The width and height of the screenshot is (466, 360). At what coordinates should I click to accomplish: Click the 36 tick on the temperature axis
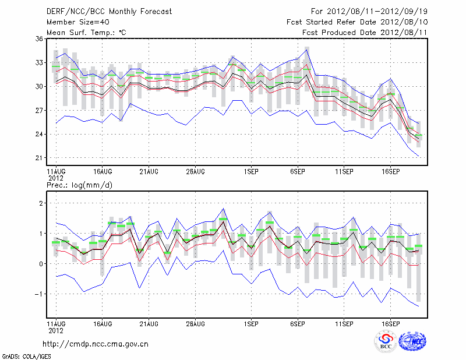[x=39, y=38]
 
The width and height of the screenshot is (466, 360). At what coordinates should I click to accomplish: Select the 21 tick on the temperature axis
[x=39, y=158]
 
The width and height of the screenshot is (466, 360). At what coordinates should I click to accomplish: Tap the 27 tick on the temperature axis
[x=39, y=110]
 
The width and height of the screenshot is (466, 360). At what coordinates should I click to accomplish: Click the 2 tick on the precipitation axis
[x=41, y=203]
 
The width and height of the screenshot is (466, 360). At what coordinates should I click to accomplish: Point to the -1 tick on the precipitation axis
[x=39, y=294]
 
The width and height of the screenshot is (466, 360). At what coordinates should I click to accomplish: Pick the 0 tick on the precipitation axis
[x=41, y=264]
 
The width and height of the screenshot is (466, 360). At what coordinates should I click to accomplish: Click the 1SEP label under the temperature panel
[x=251, y=172]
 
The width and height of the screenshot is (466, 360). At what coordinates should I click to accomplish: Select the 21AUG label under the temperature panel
[x=149, y=172]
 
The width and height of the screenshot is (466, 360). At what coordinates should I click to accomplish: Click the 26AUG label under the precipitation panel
[x=195, y=322]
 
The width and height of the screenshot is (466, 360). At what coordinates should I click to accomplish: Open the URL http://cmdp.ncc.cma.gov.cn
[x=96, y=344]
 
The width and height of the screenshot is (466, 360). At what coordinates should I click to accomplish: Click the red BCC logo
[x=386, y=341]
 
